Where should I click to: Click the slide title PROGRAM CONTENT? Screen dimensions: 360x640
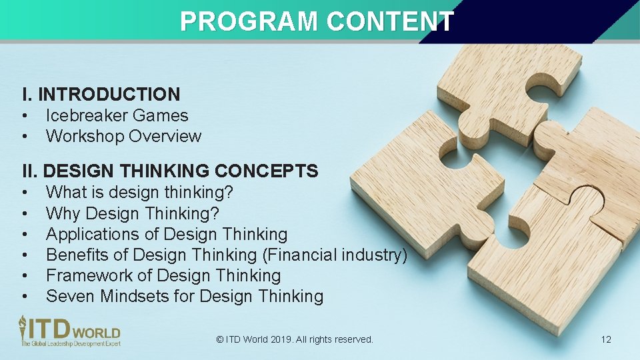click(317, 21)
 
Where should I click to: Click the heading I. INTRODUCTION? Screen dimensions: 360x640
click(101, 95)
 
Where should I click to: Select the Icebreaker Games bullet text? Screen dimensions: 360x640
click(117, 115)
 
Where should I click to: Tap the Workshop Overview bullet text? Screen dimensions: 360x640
click(123, 136)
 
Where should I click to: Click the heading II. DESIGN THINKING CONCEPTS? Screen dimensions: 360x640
click(170, 171)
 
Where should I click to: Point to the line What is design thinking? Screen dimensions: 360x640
click(139, 193)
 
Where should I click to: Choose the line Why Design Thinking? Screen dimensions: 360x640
click(132, 214)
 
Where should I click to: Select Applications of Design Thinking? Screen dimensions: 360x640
click(167, 235)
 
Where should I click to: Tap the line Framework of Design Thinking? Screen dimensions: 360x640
click(163, 276)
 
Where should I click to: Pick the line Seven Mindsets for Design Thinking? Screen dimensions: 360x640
click(185, 297)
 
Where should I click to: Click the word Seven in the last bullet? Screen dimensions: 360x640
click(71, 297)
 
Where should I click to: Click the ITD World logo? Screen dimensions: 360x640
click(69, 331)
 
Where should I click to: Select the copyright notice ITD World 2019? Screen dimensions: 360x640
click(295, 339)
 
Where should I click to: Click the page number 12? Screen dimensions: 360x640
click(605, 339)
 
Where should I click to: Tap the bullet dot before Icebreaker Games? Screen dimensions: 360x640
click(24, 116)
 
